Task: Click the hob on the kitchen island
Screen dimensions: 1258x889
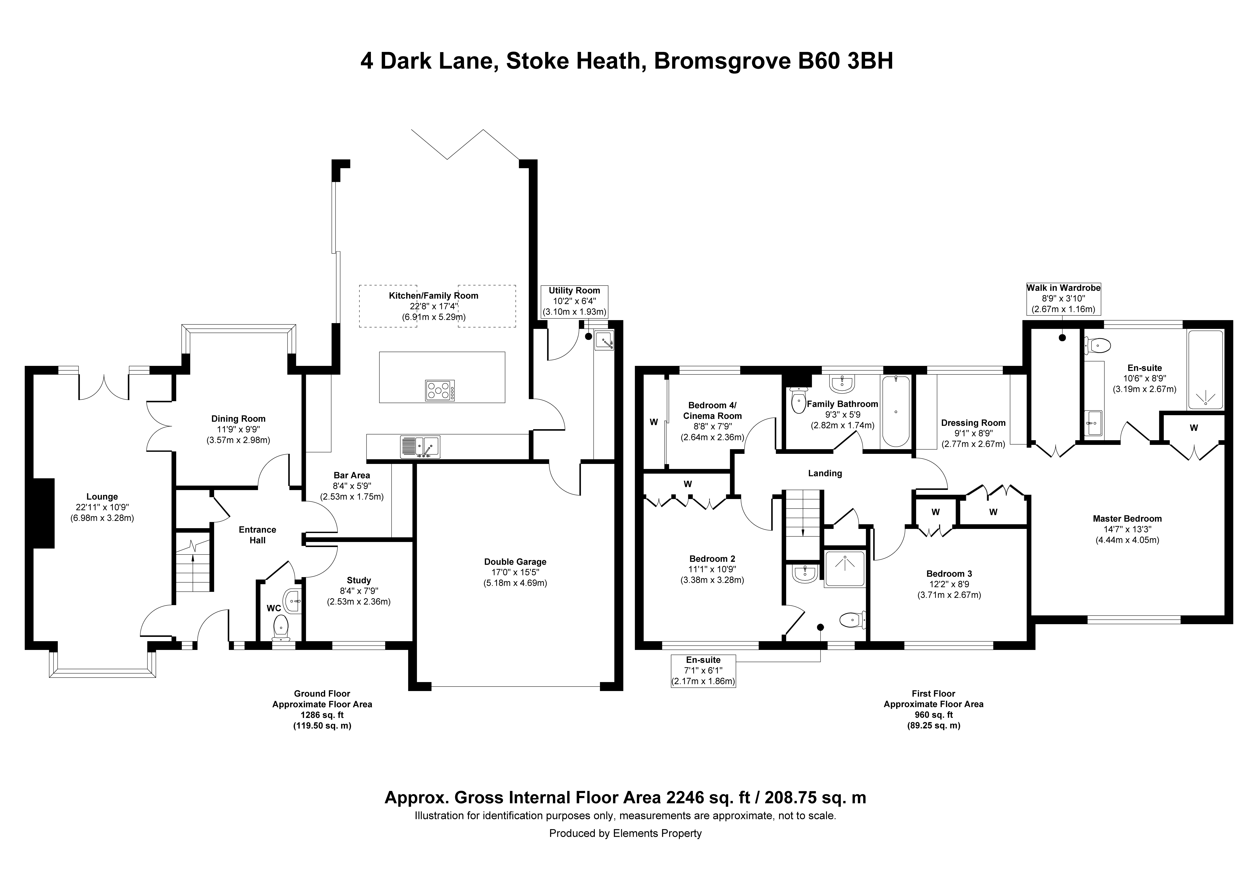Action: point(439,390)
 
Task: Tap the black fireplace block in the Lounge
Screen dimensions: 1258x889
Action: point(44,513)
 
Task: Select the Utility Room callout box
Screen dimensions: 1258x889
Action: point(575,301)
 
